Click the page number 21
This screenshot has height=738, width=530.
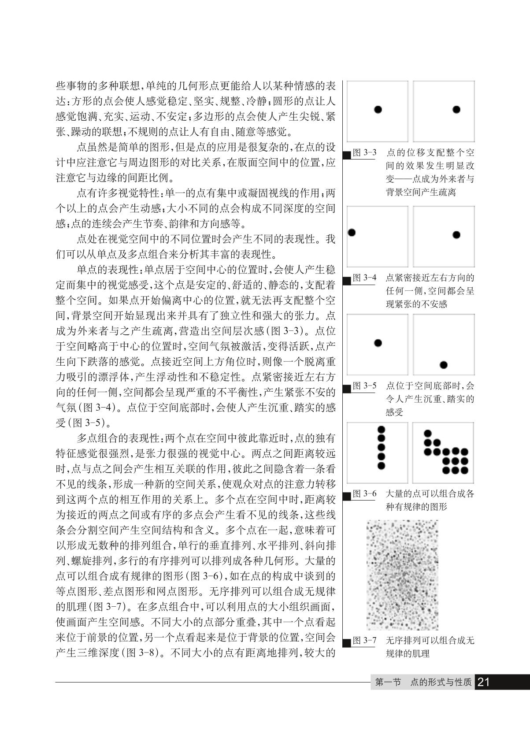pos(484,682)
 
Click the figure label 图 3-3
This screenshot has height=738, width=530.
pos(365,153)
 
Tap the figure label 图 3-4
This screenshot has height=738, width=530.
pos(365,278)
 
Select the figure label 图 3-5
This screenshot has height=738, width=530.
pos(365,386)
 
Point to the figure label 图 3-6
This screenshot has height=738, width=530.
pos(365,493)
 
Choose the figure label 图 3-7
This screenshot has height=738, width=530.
pos(365,641)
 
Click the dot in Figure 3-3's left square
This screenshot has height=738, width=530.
pos(378,109)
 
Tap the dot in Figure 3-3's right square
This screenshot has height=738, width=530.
pos(456,109)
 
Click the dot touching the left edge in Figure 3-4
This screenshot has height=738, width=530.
pos(351,232)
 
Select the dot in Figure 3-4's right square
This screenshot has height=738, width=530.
pos(456,235)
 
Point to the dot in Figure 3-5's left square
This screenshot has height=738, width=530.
pos(378,343)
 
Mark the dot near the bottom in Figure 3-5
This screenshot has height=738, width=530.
pos(444,365)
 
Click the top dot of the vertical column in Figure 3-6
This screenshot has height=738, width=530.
pos(382,429)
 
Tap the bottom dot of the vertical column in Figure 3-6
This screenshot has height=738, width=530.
pos(382,465)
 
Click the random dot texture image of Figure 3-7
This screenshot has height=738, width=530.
pos(402,575)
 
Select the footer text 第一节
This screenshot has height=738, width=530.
pos(388,682)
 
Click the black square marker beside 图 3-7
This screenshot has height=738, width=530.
pos(347,643)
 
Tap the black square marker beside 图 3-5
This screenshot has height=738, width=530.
pos(347,388)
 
